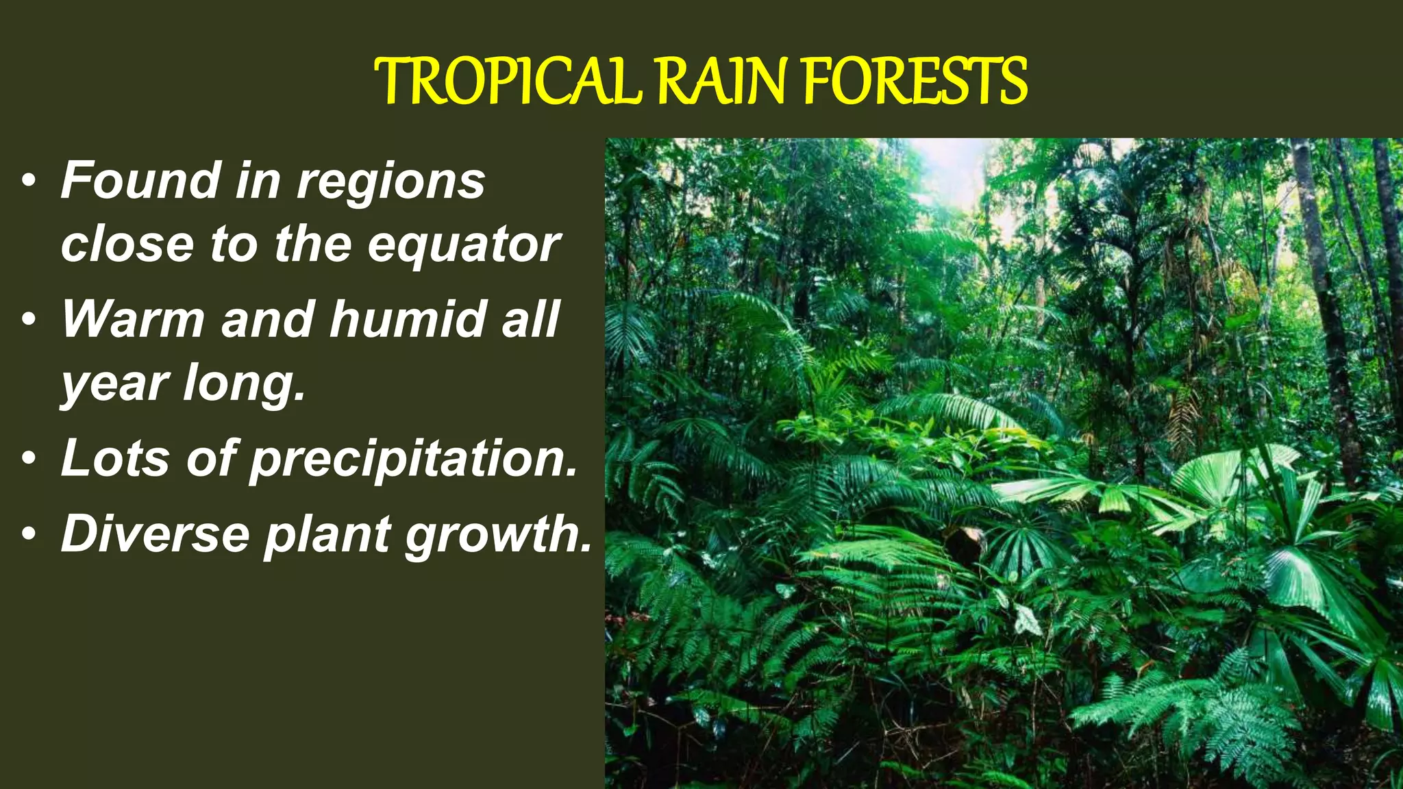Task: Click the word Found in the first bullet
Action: tap(140, 180)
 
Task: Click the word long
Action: tap(243, 384)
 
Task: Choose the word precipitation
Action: tap(414, 459)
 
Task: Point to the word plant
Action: tap(328, 534)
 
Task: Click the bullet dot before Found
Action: tap(28, 182)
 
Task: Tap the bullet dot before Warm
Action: tap(28, 320)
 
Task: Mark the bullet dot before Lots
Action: tap(28, 459)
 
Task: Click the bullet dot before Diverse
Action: tap(28, 534)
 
